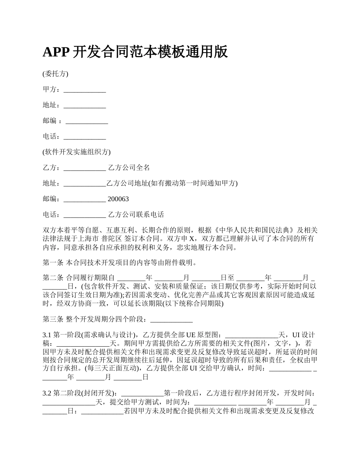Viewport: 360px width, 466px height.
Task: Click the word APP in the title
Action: [55, 52]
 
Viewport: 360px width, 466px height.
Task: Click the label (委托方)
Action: [55, 74]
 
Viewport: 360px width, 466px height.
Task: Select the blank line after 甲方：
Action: [85, 90]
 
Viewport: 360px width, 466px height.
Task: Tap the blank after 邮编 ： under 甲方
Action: [87, 121]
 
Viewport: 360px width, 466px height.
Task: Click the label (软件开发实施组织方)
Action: [77, 152]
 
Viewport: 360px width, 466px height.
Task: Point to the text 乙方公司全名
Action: [129, 168]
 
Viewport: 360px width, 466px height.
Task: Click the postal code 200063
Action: [118, 199]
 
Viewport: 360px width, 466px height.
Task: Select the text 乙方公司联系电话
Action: [136, 215]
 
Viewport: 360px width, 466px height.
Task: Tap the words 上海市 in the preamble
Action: [89, 239]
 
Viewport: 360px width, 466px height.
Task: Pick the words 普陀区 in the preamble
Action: [112, 239]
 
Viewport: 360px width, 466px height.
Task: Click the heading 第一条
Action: [53, 262]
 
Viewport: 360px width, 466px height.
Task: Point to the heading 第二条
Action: [53, 278]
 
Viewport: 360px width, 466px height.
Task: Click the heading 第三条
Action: [53, 319]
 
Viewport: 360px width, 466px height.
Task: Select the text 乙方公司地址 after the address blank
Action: [127, 183]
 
